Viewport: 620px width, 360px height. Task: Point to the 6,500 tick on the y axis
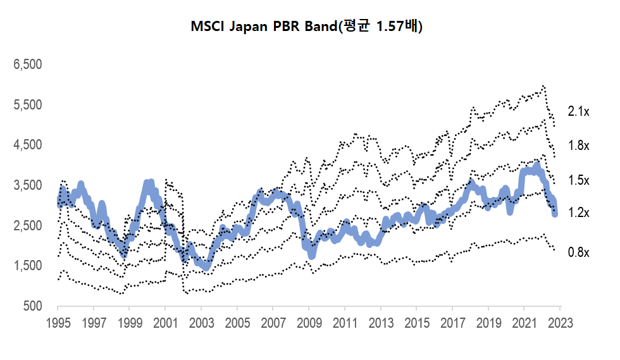[27, 65]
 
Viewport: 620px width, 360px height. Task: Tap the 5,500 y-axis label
[27, 104]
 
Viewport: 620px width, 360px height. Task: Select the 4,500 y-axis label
[27, 145]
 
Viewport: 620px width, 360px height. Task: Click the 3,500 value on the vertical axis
[27, 185]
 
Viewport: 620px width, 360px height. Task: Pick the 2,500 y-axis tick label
[27, 226]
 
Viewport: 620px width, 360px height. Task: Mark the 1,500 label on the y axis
[27, 266]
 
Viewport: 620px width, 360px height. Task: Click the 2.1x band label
[578, 111]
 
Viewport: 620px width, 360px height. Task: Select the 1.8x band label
[578, 146]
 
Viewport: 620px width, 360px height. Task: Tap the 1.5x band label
[578, 180]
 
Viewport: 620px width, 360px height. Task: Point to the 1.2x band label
[578, 213]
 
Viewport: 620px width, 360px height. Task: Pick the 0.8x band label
[578, 252]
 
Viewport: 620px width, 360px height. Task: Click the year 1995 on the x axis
[58, 321]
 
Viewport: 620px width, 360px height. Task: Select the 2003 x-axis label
[201, 321]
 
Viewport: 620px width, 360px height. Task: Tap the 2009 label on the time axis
[309, 321]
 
